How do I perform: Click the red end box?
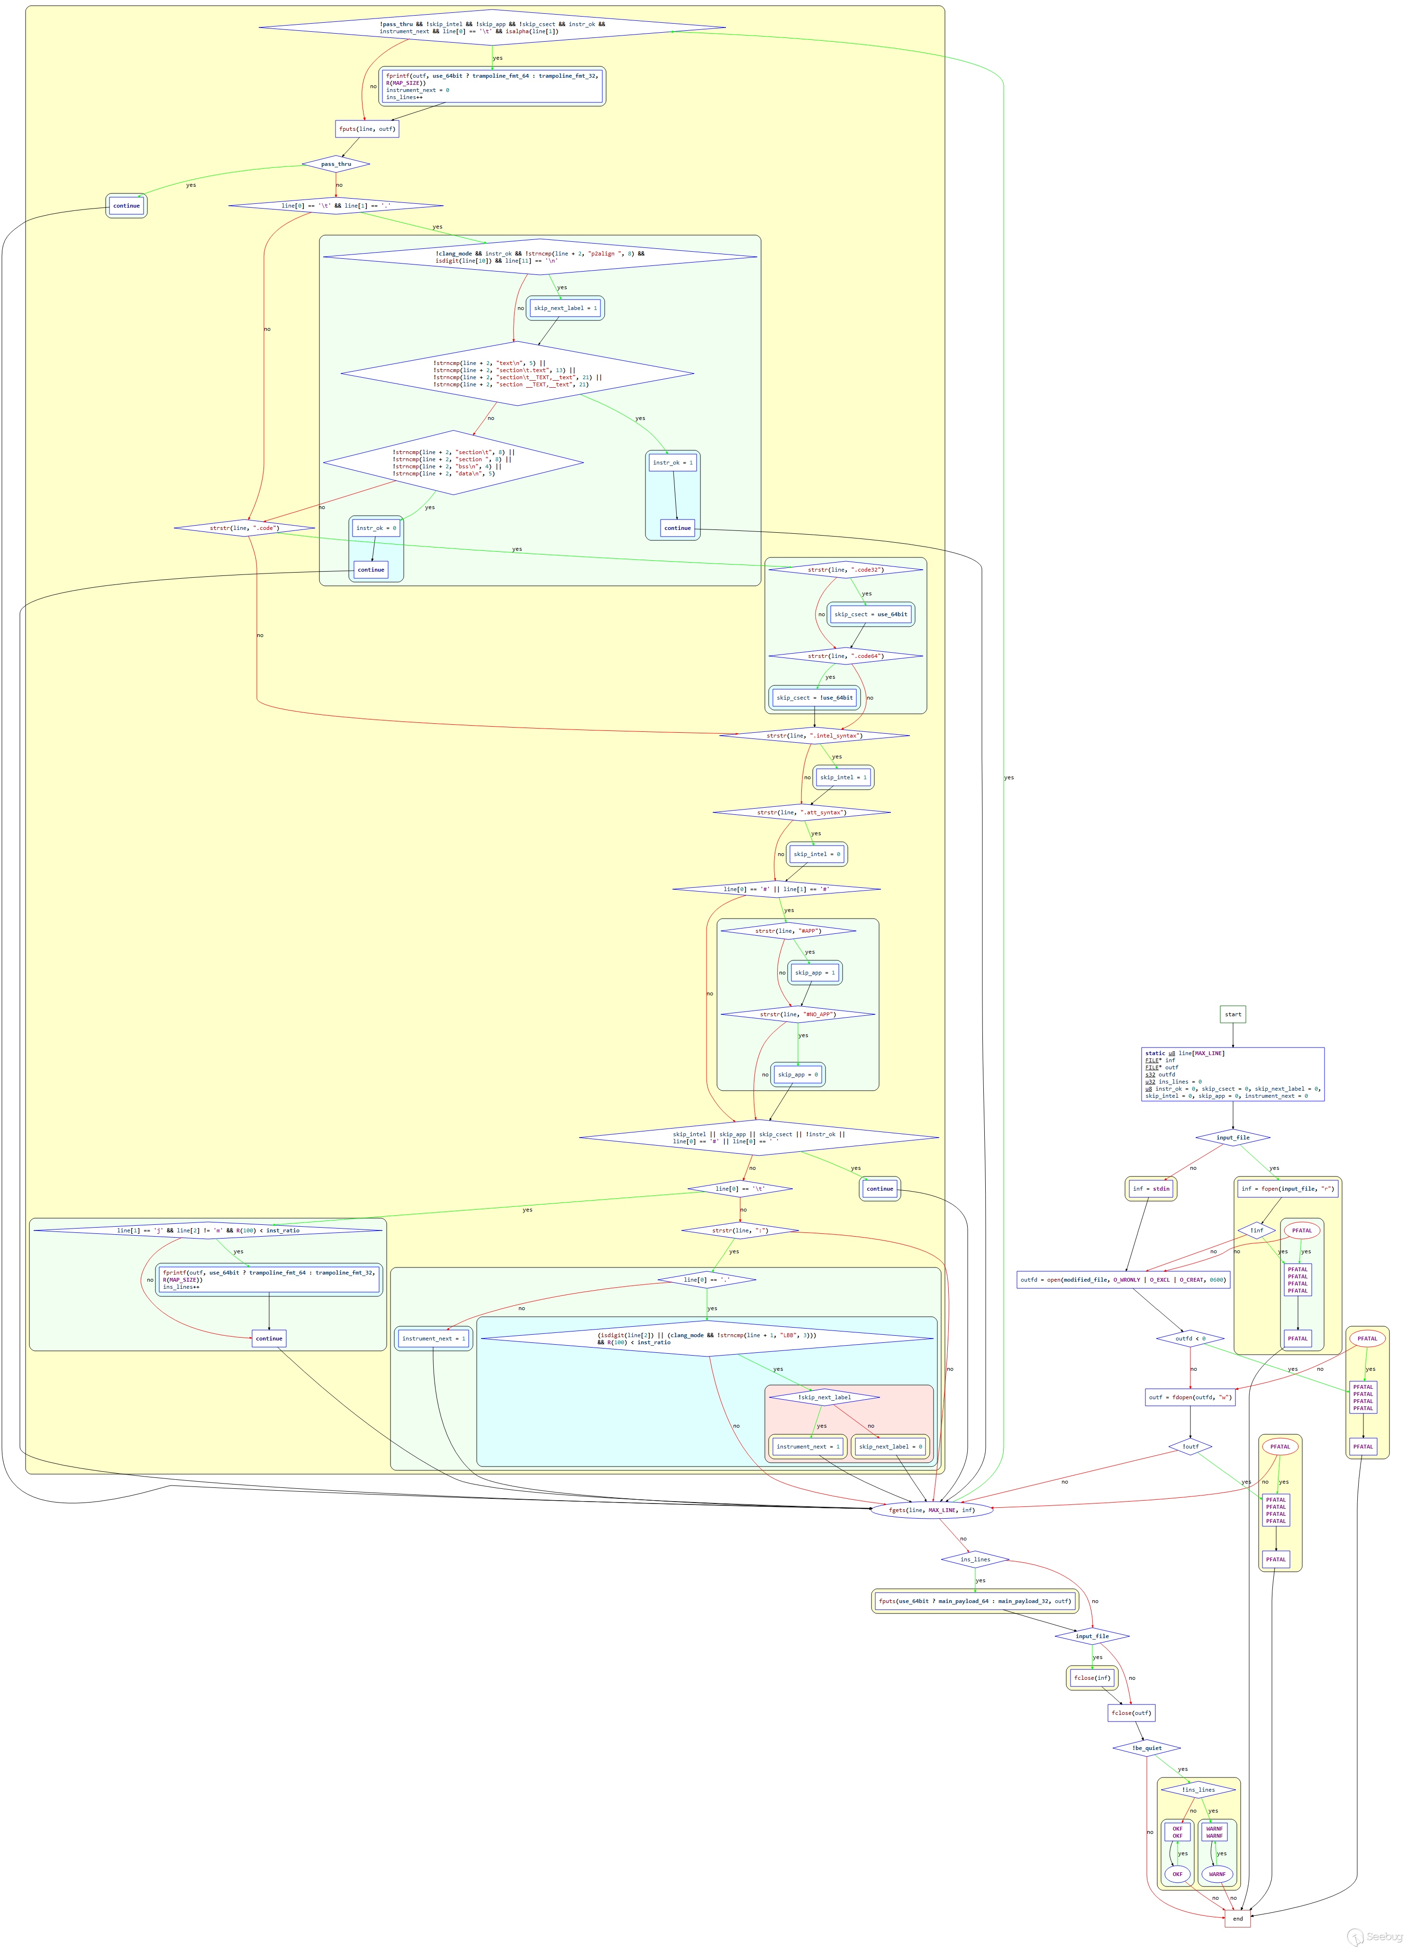tap(1237, 1918)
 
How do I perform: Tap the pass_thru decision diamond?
tap(336, 164)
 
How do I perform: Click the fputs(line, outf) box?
tap(367, 129)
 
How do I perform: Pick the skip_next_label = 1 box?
tap(565, 308)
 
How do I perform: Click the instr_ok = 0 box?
tap(376, 528)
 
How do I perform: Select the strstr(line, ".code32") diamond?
tap(845, 570)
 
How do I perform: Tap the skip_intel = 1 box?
tap(843, 777)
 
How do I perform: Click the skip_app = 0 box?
tap(798, 1075)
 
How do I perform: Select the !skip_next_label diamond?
tap(824, 1397)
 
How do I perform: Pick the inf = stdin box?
tap(1150, 1189)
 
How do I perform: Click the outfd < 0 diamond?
tap(1190, 1339)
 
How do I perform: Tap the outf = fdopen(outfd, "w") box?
tap(1190, 1397)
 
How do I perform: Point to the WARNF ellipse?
tap(1216, 1874)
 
